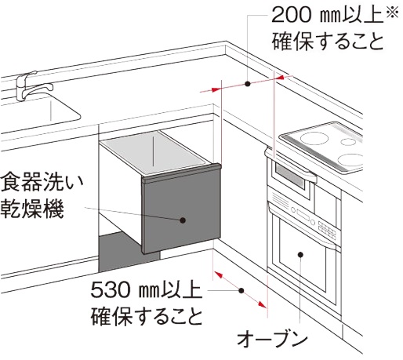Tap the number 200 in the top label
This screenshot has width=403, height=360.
291,15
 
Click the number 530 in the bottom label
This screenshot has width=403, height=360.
111,289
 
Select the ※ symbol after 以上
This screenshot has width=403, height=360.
392,12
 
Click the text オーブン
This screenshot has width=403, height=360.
272,339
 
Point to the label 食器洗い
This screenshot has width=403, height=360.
42,182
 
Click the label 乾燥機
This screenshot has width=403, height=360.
32,209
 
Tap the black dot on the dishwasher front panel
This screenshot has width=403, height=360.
183,220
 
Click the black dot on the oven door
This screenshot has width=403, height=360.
300,254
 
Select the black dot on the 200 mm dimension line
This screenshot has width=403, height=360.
248,84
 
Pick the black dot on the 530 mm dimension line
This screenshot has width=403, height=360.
241,290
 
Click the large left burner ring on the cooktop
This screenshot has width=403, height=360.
311,138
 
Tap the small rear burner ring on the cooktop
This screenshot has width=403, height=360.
348,142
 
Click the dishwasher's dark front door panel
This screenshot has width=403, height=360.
181,212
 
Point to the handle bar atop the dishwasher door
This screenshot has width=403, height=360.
181,173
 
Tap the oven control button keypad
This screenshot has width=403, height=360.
327,230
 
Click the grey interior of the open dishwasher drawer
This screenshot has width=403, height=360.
154,151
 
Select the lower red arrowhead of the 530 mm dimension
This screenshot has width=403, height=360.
262,304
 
